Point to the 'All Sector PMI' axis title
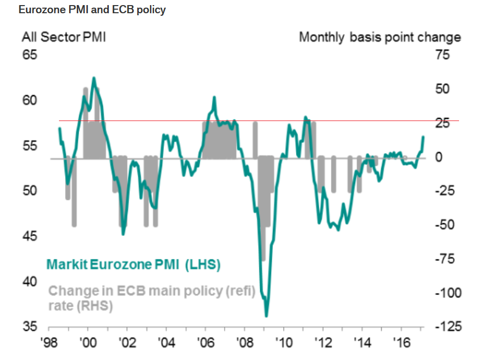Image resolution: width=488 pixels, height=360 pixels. pyautogui.click(x=64, y=37)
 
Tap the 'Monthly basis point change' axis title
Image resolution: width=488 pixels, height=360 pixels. pyautogui.click(x=380, y=37)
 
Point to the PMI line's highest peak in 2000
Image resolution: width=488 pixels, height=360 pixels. pyautogui.click(x=94, y=78)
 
